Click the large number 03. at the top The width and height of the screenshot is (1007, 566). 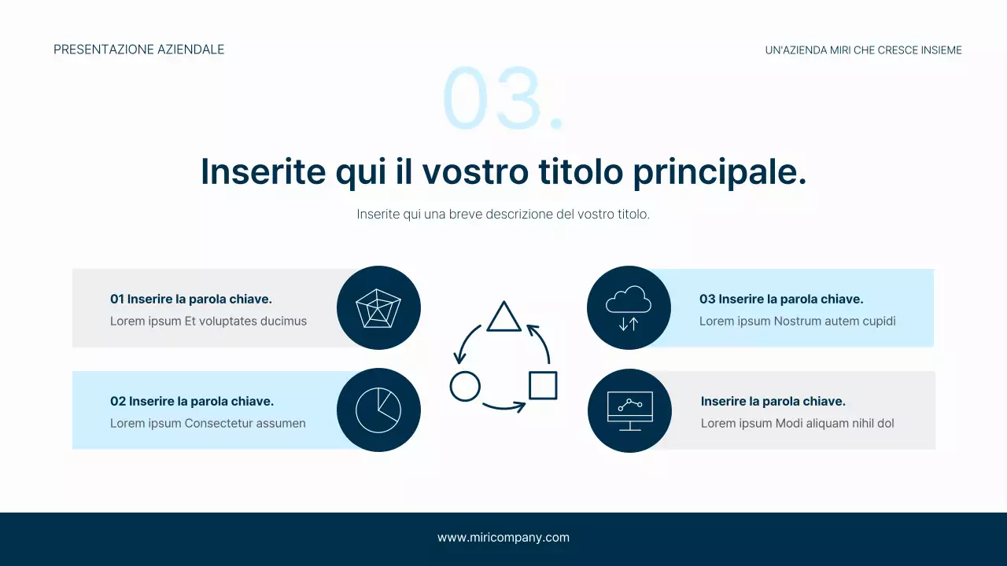(503, 98)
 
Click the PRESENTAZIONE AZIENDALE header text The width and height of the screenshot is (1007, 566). (139, 50)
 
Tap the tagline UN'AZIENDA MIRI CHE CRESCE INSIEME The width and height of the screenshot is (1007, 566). (863, 50)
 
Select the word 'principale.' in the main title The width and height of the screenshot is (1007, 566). (720, 172)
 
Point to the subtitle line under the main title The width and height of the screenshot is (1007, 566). (503, 214)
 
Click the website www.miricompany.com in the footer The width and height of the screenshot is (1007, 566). (503, 538)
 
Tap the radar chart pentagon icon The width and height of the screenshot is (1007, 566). (378, 308)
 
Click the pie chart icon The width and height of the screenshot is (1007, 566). (378, 410)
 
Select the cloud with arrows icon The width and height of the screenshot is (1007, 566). (629, 307)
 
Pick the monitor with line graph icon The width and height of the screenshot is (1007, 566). (629, 410)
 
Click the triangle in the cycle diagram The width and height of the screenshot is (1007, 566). (503, 317)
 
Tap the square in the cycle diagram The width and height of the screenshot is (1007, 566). (543, 385)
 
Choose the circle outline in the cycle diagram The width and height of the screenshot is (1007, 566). (465, 386)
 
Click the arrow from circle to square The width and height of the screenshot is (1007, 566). (503, 407)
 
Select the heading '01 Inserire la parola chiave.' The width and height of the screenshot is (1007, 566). (191, 299)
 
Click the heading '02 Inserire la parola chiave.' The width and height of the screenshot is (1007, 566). (192, 401)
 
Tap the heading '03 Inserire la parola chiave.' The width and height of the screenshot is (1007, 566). (781, 299)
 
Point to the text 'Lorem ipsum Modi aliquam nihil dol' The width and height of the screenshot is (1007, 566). (798, 423)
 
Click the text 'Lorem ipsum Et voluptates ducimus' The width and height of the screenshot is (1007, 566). (208, 321)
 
